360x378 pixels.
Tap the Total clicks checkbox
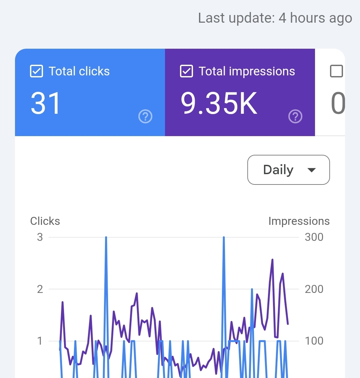(36, 71)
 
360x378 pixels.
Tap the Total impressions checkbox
(186, 71)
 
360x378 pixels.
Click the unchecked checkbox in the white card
(336, 71)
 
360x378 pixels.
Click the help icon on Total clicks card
(145, 116)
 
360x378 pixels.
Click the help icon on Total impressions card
(295, 116)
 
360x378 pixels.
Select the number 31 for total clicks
(45, 103)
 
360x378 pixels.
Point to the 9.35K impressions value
(219, 103)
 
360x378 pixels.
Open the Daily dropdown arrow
(311, 170)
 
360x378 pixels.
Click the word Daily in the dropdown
(278, 170)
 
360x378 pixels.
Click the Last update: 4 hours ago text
(275, 18)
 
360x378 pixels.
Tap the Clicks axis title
(45, 221)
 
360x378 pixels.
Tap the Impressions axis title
(299, 221)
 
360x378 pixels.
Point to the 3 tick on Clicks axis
(40, 237)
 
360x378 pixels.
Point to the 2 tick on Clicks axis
(40, 289)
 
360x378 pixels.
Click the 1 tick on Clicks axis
(40, 341)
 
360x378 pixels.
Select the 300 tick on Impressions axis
(314, 237)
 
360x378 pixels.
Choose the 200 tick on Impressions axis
(314, 289)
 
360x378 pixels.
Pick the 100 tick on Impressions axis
(314, 341)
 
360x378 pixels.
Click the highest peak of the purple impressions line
(272, 260)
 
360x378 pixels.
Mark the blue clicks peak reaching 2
(252, 289)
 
